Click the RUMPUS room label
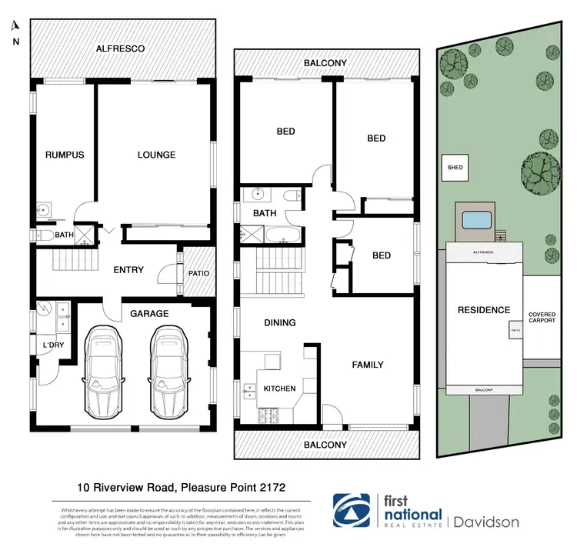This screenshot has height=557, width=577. tap(64, 155)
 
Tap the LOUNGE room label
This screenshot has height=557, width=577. tap(156, 155)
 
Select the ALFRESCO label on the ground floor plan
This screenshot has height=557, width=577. tap(121, 48)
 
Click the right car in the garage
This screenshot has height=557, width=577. tap(169, 360)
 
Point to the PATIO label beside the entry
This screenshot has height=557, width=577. tap(198, 273)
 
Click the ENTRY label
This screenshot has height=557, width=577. tap(128, 270)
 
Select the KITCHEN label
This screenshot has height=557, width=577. tap(279, 389)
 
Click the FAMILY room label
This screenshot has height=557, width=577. tap(367, 365)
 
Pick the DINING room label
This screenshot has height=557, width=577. tap(279, 323)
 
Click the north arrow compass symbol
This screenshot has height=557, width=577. tap(15, 28)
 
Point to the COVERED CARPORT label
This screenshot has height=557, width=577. tap(547, 318)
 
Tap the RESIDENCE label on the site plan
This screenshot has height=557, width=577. tap(484, 310)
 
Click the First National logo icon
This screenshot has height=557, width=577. tap(350, 512)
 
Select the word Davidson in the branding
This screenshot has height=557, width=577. tap(486, 522)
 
